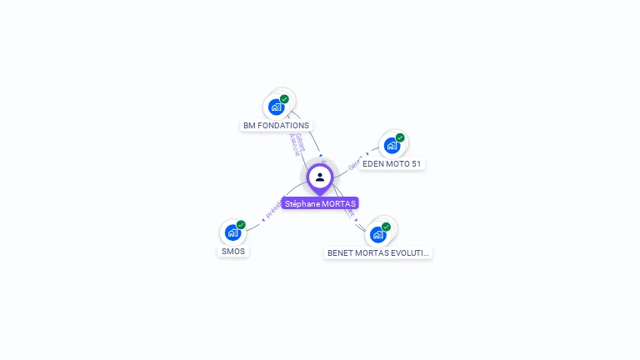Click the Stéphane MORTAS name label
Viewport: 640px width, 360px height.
coord(320,203)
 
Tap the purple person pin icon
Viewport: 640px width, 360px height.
coord(320,177)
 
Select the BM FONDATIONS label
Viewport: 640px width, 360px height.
coord(276,126)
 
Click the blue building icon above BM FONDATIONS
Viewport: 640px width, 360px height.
coord(276,107)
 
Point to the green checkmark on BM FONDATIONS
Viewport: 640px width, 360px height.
coord(284,99)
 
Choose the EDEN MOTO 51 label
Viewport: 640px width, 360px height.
coord(392,164)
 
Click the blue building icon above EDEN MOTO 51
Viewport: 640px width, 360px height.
coord(392,146)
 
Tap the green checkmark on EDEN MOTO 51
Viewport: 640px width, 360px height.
coord(400,137)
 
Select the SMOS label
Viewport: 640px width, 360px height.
coord(233,251)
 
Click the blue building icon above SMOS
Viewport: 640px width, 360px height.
coord(232,232)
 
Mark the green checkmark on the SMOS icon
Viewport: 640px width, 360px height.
coord(241,224)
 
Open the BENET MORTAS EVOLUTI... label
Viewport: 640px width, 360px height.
coord(378,252)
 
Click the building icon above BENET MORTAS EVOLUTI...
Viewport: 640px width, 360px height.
coord(377,234)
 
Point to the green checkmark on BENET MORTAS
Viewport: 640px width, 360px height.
coord(386,226)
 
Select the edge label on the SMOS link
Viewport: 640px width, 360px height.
coord(273,209)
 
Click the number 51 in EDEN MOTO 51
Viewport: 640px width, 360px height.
coord(415,164)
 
